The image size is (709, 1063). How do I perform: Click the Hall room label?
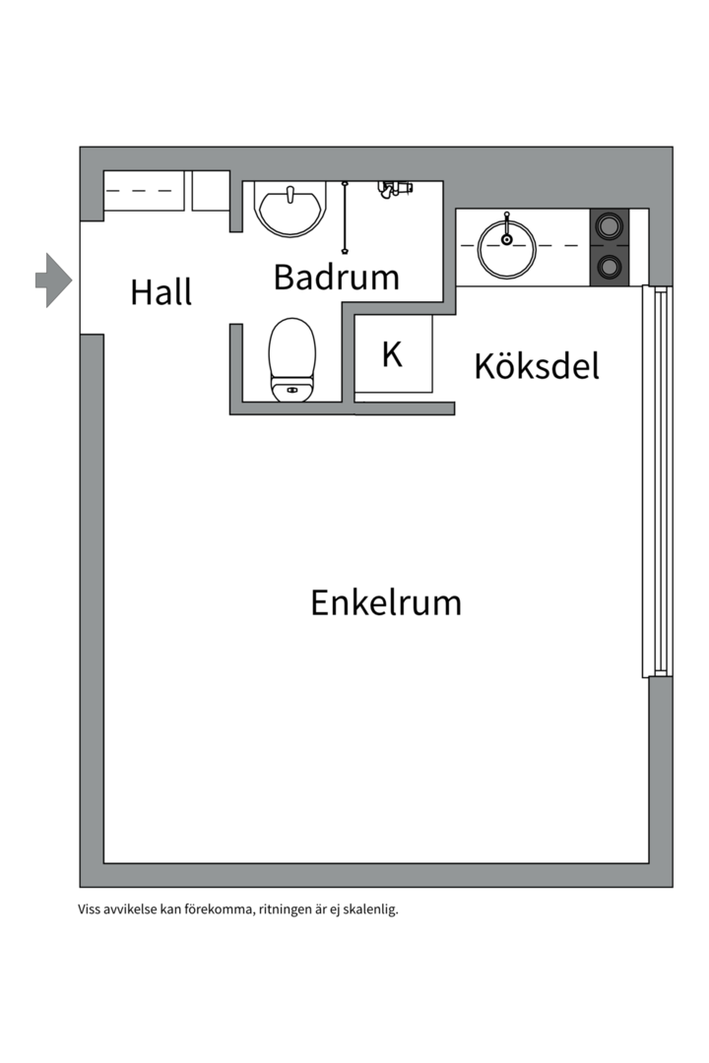pyautogui.click(x=161, y=292)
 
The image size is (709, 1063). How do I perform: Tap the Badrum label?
pyautogui.click(x=336, y=277)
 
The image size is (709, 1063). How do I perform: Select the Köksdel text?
pyautogui.click(x=537, y=365)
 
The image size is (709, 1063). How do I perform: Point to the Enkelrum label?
pyautogui.click(x=386, y=601)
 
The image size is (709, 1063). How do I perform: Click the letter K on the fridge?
pyautogui.click(x=392, y=354)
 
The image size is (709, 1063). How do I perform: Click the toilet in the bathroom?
pyautogui.click(x=292, y=359)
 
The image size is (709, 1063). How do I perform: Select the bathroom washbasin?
pyautogui.click(x=290, y=208)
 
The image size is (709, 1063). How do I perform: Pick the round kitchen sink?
pyautogui.click(x=506, y=247)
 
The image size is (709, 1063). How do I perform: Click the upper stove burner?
pyautogui.click(x=610, y=226)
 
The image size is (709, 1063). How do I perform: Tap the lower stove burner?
pyautogui.click(x=610, y=266)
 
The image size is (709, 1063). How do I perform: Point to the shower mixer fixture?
pyautogui.click(x=394, y=187)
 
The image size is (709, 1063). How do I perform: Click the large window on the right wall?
pyautogui.click(x=657, y=481)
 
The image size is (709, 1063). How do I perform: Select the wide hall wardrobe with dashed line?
pyautogui.click(x=145, y=190)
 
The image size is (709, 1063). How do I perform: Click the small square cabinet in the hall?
pyautogui.click(x=211, y=190)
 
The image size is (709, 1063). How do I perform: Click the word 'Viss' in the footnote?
pyautogui.click(x=91, y=909)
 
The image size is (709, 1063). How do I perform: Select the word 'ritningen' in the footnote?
pyautogui.click(x=287, y=909)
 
